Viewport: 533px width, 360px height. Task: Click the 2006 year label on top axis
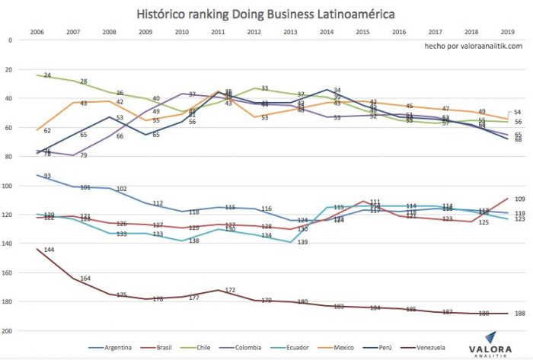point(37,32)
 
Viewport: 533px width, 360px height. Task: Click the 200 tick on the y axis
point(11,331)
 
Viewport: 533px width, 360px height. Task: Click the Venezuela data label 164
point(85,279)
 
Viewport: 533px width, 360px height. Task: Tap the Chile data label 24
point(47,76)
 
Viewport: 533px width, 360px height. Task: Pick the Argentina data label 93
point(47,177)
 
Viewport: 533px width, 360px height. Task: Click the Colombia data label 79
point(84,156)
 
